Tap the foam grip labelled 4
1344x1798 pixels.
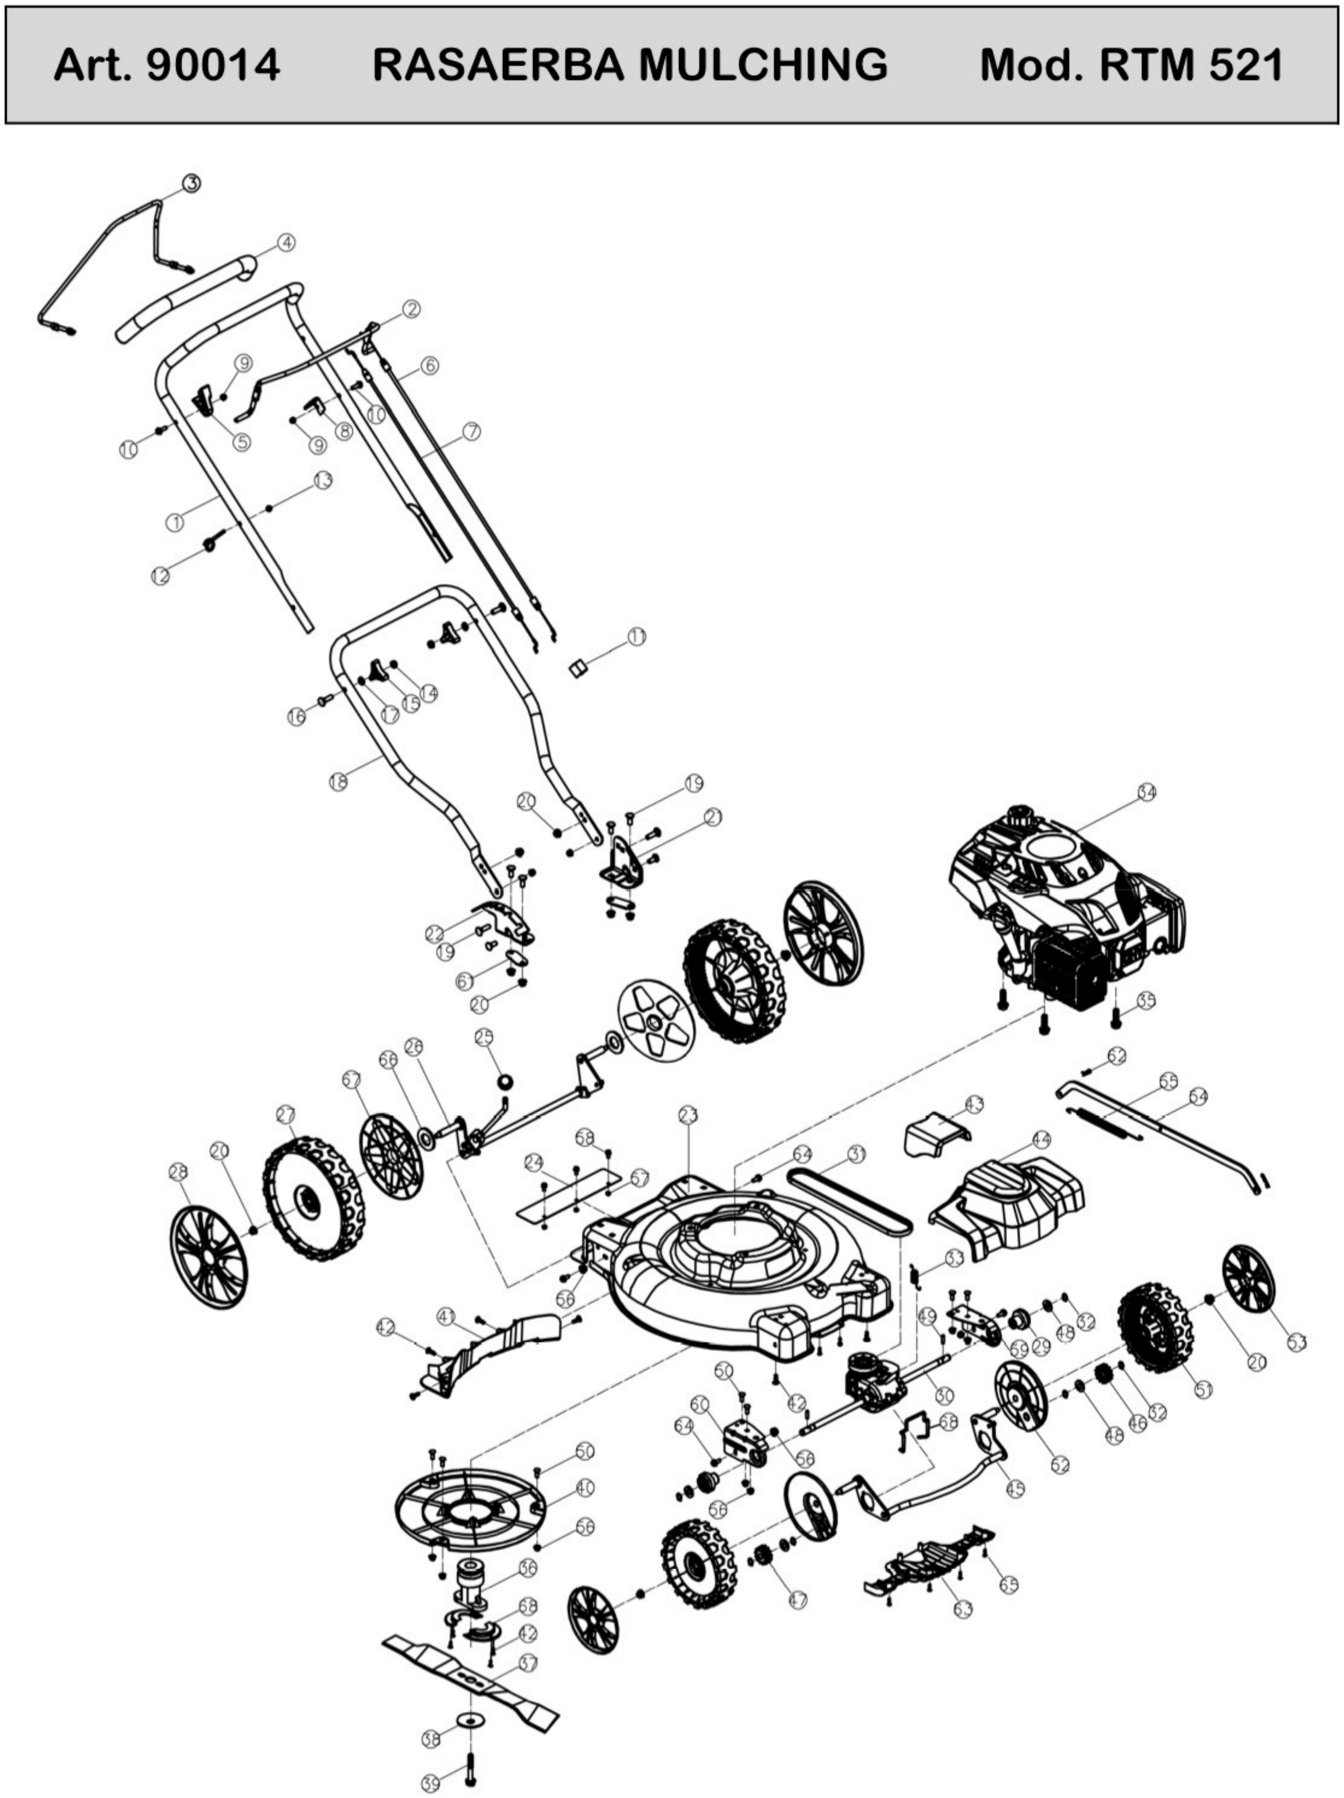tap(187, 297)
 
